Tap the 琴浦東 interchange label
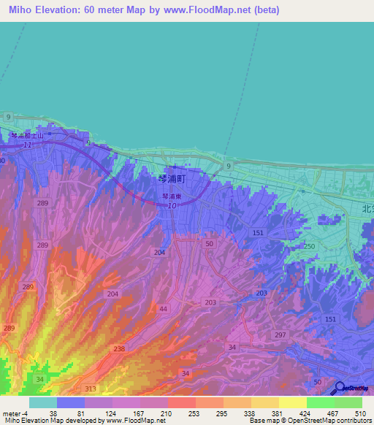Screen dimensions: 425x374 pyautogui.click(x=172, y=196)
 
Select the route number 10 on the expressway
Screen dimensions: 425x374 pyautogui.click(x=172, y=207)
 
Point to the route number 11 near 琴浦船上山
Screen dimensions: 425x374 pyautogui.click(x=27, y=146)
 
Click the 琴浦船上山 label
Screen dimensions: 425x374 pyautogui.click(x=27, y=137)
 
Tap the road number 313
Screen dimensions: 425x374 pyautogui.click(x=91, y=388)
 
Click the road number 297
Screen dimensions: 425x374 pyautogui.click(x=280, y=334)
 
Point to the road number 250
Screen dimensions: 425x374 pyautogui.click(x=310, y=248)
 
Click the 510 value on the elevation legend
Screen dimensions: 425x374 pyautogui.click(x=358, y=413)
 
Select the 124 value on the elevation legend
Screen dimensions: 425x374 pyautogui.click(x=91, y=413)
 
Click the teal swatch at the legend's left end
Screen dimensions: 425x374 pyautogui.click(x=42, y=402)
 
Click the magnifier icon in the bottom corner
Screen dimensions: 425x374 pyautogui.click(x=339, y=388)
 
